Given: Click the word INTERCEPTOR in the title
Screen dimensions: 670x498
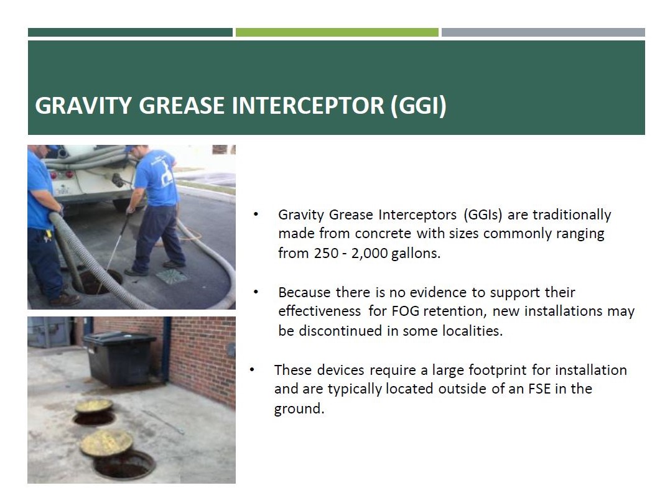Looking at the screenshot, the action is [308, 106].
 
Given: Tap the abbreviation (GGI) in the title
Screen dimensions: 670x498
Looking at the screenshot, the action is [418, 106].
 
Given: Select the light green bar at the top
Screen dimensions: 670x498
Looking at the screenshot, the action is [337, 32].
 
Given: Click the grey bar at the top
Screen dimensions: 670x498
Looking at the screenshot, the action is [543, 32].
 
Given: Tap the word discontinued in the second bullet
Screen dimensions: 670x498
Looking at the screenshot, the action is [342, 331].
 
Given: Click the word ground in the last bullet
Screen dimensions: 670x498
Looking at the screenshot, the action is [299, 409].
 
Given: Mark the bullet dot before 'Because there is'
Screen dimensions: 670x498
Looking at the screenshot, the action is [256, 292].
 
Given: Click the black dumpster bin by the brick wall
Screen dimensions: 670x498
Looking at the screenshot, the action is [121, 358].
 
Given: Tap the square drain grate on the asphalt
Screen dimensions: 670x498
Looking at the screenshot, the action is [172, 276].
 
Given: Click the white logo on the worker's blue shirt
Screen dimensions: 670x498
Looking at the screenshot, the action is [165, 174].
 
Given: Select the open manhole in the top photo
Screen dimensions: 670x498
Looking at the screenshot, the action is [97, 282].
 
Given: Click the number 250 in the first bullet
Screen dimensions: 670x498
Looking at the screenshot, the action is [327, 253].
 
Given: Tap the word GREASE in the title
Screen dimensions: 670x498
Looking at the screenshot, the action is [182, 106].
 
